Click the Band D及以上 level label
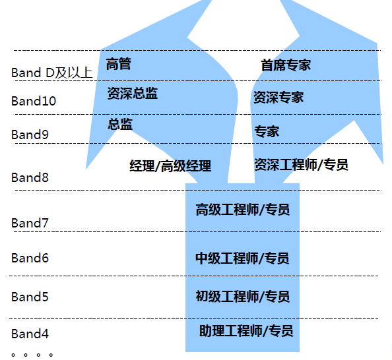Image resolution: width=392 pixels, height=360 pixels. [x=52, y=73]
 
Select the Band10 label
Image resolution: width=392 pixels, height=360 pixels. [x=34, y=101]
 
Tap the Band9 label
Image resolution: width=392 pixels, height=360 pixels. [x=30, y=135]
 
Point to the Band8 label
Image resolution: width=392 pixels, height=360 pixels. [x=30, y=177]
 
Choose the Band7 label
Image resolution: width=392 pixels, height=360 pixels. [x=30, y=223]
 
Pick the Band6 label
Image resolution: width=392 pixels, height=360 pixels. [x=30, y=258]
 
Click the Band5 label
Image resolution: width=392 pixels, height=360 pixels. [x=30, y=297]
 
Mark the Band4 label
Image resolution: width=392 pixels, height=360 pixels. [x=30, y=334]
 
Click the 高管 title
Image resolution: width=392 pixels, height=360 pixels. [x=119, y=64]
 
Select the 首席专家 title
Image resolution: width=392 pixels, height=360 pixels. [x=286, y=65]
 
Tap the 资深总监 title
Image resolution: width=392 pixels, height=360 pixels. [x=133, y=94]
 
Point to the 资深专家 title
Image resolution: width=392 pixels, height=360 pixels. [x=278, y=97]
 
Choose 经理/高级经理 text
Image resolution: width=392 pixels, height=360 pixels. [x=170, y=166]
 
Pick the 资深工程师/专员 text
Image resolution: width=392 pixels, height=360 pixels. [x=301, y=164]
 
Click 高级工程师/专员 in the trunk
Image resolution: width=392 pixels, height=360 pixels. [x=243, y=210]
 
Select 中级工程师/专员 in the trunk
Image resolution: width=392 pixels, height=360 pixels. [x=242, y=258]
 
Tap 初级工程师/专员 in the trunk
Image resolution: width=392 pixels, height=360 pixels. [x=243, y=297]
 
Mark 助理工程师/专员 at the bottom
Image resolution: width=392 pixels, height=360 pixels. [x=246, y=331]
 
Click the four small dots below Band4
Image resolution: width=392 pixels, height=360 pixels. [x=32, y=355]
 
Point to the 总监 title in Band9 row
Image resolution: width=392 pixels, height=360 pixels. [x=120, y=124]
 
